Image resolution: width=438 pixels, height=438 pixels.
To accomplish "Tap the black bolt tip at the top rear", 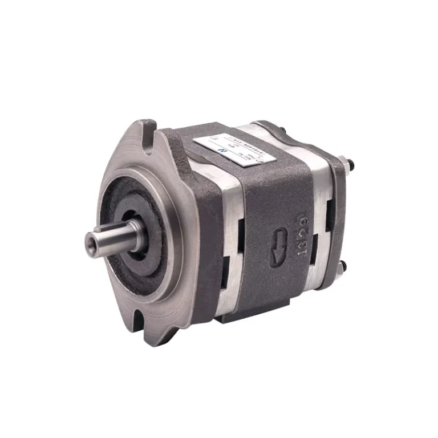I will (349, 167).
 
